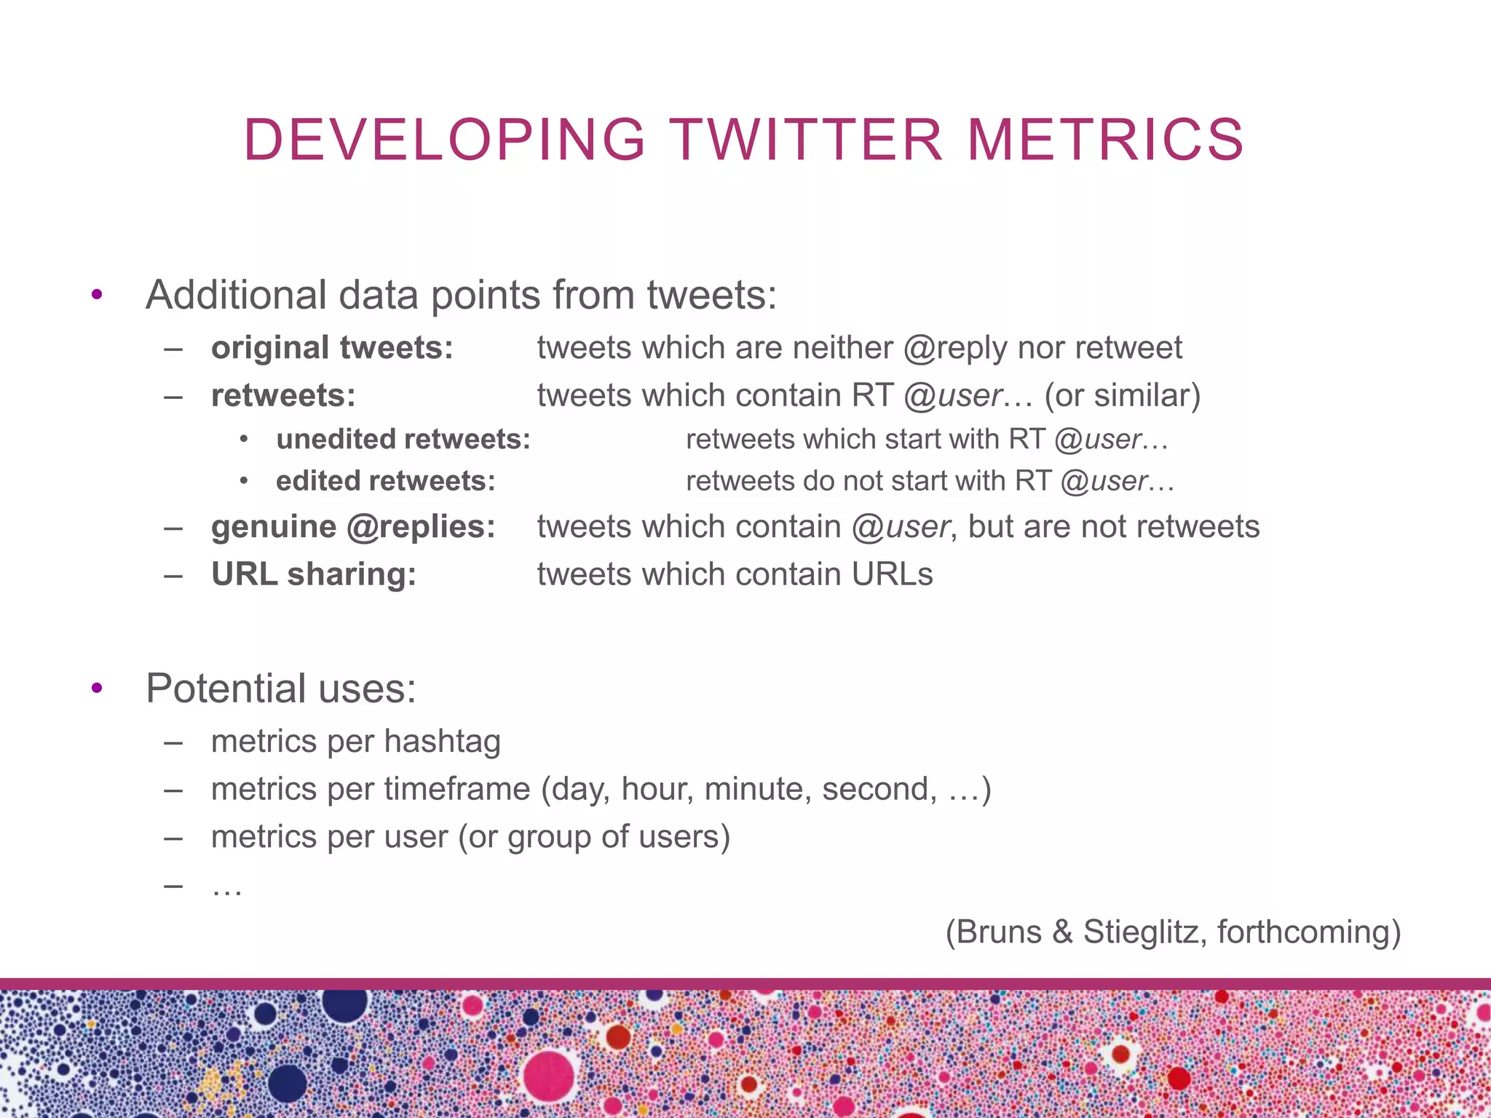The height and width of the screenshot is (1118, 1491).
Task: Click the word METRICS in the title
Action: click(1106, 140)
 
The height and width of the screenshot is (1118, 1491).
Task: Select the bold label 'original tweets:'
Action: click(332, 348)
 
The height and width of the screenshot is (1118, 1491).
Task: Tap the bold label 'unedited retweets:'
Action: click(403, 440)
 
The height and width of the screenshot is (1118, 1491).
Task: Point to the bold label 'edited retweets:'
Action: click(385, 481)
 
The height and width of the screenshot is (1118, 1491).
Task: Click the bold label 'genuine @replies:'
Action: click(353, 527)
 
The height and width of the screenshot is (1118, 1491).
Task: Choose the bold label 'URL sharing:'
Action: click(314, 574)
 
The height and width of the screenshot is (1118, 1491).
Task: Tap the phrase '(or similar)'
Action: click(1122, 396)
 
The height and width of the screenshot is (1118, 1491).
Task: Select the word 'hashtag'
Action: click(442, 742)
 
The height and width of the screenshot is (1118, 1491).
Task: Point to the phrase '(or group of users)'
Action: click(594, 837)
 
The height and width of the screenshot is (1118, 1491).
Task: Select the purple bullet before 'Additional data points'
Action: click(97, 295)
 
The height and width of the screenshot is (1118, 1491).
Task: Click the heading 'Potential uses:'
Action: click(281, 689)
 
